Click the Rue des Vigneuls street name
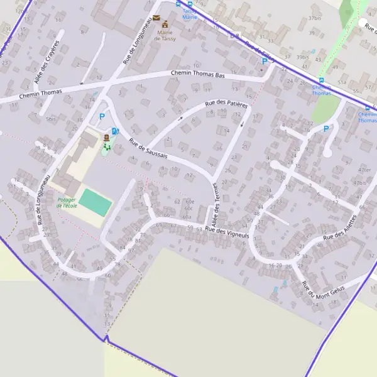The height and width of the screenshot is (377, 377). point(227,232)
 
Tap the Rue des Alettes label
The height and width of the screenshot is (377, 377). point(340,229)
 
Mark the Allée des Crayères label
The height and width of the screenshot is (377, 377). point(46,62)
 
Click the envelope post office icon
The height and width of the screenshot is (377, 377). point(156,18)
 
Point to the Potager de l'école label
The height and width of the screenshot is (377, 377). point(67,202)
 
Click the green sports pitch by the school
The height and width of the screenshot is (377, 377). point(96,203)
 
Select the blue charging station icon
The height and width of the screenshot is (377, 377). point(115,131)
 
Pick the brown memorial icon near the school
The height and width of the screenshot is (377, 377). point(106,136)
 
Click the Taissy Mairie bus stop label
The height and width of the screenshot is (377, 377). point(189,14)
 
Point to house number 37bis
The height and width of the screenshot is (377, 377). point(315,19)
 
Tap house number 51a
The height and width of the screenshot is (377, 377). point(341,82)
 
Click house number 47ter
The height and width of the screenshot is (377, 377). point(363,170)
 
